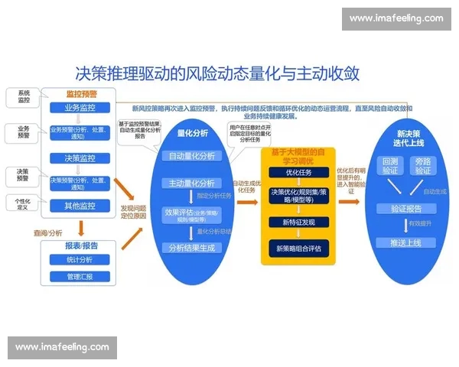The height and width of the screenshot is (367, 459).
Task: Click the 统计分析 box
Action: (80, 261)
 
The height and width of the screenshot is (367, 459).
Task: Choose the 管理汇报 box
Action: (80, 276)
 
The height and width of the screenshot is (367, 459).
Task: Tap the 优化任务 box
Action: (299, 173)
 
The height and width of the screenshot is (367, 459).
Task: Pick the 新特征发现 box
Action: (299, 222)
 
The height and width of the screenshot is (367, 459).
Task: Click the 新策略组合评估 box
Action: (299, 248)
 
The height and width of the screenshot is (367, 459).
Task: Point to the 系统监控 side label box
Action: (23, 97)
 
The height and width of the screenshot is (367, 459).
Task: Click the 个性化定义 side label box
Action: (23, 203)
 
